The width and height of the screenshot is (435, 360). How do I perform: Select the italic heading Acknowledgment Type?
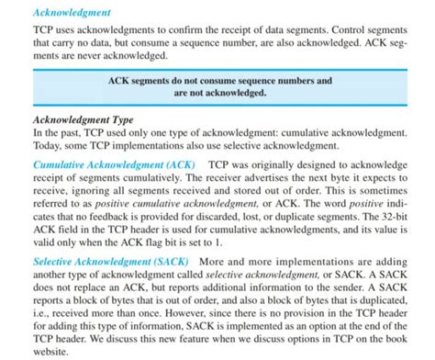click(84, 119)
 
